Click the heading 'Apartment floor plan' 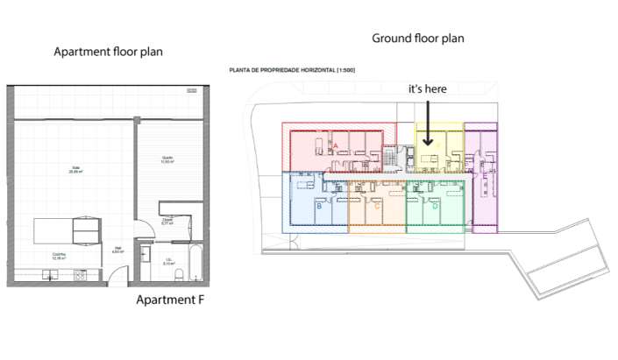tap(108, 52)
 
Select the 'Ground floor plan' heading tap(417, 38)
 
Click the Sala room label tap(75, 170)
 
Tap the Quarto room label tap(167, 160)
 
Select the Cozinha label tap(60, 258)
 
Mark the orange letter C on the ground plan tap(377, 207)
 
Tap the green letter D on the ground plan tap(434, 207)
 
